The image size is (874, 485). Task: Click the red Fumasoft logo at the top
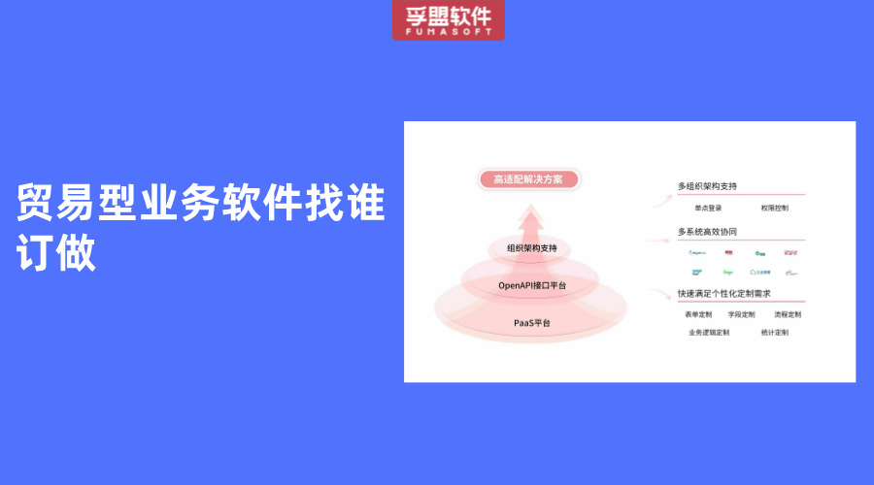(x=449, y=19)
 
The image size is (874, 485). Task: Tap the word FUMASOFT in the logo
(x=449, y=32)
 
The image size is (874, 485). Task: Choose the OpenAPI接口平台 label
(x=531, y=285)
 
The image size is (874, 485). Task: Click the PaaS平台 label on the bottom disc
(x=531, y=322)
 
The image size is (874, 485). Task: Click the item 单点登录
(x=708, y=207)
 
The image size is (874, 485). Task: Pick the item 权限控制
(x=774, y=207)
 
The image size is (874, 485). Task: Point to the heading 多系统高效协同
(x=707, y=232)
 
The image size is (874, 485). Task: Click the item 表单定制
(x=698, y=314)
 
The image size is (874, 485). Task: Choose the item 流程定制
(x=788, y=314)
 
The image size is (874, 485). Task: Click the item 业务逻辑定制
(x=709, y=332)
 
